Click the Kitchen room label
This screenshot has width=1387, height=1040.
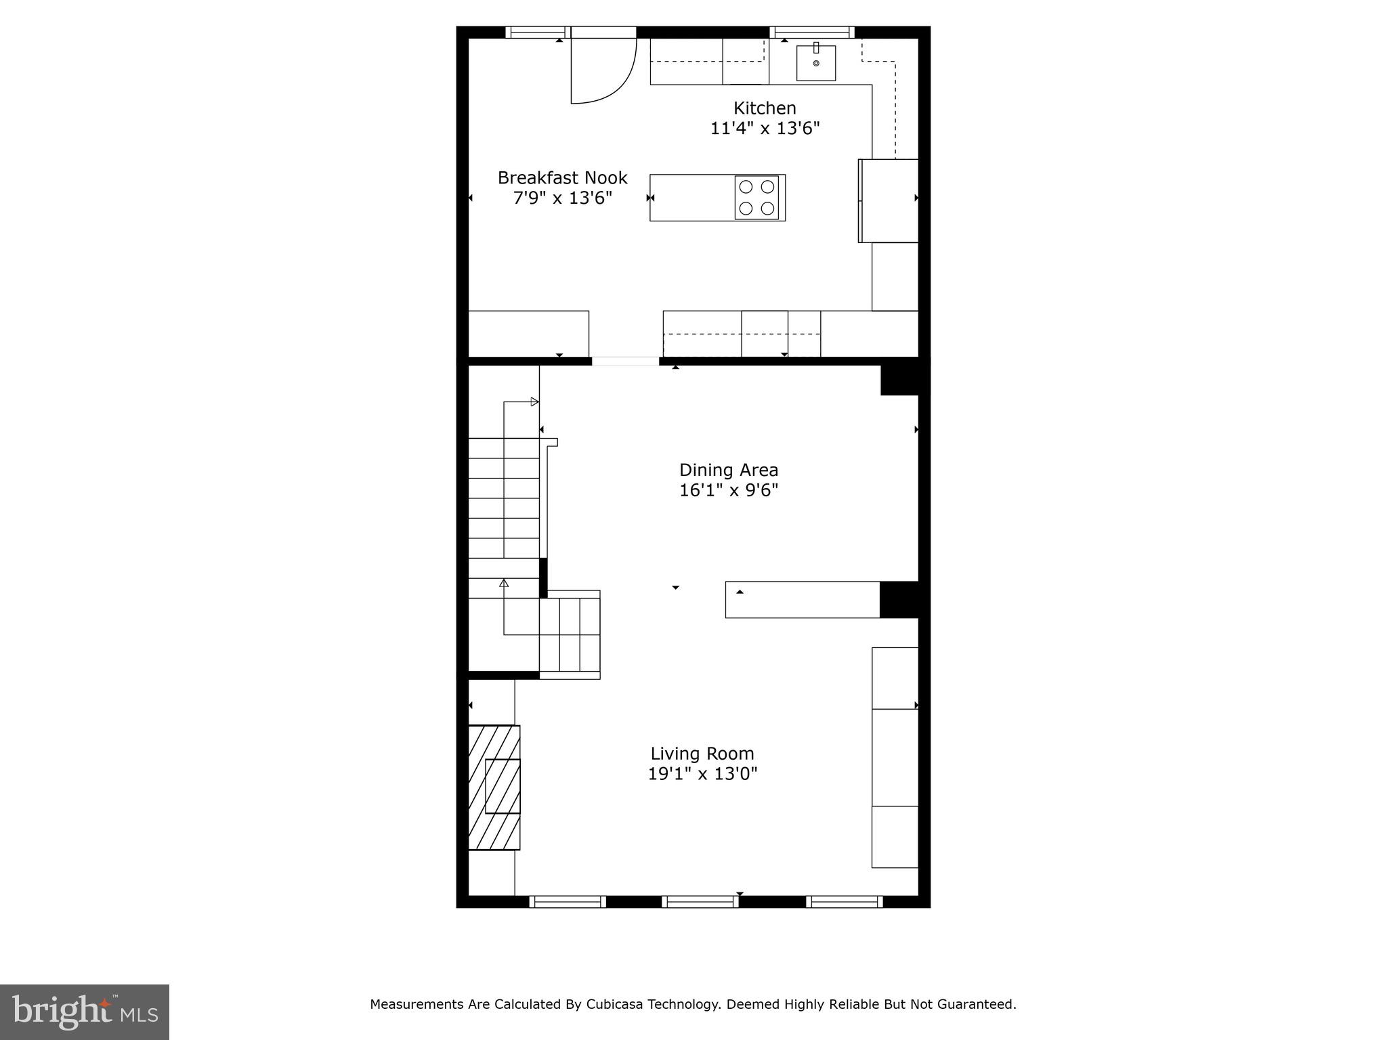click(765, 108)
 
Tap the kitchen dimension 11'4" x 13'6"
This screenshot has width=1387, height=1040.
click(765, 128)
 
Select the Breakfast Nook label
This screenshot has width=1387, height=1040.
click(562, 177)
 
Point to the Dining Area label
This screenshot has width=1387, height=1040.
click(728, 470)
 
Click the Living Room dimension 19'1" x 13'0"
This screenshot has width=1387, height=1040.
click(702, 773)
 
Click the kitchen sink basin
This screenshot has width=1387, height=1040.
click(815, 63)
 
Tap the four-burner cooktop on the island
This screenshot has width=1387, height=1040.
click(756, 198)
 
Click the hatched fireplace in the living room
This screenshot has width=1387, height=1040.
click(494, 787)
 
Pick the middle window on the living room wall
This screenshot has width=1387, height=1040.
click(700, 901)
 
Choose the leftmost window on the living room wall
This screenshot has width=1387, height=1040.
click(567, 901)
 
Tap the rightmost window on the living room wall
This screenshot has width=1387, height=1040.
click(844, 901)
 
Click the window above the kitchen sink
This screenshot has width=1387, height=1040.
click(811, 32)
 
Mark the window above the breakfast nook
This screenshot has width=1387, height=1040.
click(536, 32)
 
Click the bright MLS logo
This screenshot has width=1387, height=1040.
click(84, 1012)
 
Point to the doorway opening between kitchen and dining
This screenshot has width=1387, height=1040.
click(625, 361)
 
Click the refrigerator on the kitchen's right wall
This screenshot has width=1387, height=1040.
click(889, 200)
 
